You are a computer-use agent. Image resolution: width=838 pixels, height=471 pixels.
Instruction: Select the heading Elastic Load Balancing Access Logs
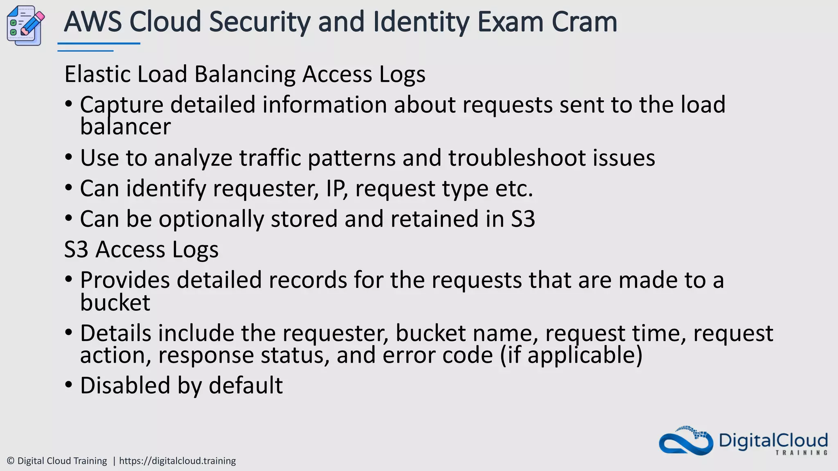coord(245,74)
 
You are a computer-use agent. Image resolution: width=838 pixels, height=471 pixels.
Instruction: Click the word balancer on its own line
coord(125,127)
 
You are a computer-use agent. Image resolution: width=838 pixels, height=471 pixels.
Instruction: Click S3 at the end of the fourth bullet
coord(523,219)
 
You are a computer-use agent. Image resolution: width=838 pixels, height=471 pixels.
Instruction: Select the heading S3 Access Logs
coord(141,249)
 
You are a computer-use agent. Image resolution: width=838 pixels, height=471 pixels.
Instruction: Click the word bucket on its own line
coord(115,303)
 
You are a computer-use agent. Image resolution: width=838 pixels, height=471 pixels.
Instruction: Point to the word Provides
coord(124,280)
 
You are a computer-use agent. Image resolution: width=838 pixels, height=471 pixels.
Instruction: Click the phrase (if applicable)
coord(571,355)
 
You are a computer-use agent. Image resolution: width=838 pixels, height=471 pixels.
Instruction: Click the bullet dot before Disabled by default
coord(69,385)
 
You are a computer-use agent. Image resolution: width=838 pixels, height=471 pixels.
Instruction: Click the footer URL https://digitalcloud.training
coord(177,461)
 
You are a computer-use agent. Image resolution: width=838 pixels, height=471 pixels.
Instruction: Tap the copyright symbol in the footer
coord(11,461)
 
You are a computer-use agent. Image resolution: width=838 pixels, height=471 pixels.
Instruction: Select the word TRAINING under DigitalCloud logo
coord(801,453)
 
